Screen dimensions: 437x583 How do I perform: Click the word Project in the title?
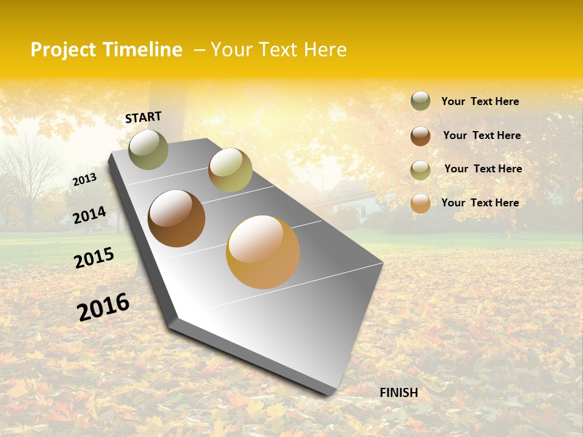63,50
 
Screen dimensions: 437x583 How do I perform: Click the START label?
143,117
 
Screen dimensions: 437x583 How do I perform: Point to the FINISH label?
398,393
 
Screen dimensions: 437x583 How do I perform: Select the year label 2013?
84,180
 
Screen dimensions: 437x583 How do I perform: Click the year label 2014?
89,215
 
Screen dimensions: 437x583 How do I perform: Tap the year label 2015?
94,258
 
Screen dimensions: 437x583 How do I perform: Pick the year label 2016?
103,307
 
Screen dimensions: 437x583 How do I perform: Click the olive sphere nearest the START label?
148,149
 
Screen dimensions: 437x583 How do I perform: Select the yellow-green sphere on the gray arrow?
230,170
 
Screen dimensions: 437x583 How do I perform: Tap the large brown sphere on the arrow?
177,218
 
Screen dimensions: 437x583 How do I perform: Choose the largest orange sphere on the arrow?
263,252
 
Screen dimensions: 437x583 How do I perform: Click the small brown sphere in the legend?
420,136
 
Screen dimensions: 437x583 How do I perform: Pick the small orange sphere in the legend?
420,203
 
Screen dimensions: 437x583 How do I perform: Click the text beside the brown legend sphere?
482,135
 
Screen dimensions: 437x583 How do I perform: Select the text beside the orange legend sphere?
480,203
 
